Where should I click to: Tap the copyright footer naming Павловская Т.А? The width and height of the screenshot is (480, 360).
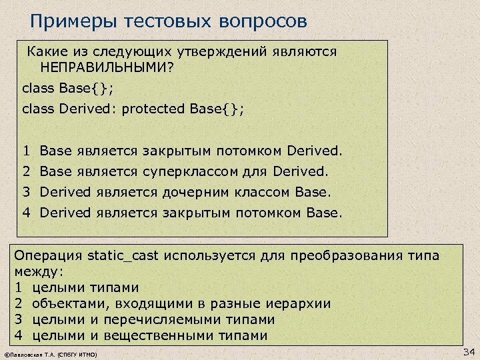pyautogui.click(x=51, y=354)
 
